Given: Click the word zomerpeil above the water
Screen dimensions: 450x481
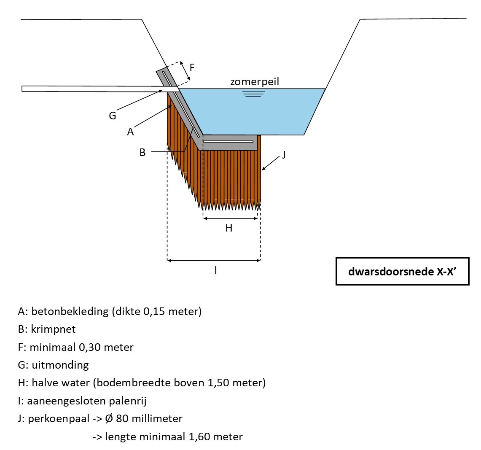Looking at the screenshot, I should coord(254,81).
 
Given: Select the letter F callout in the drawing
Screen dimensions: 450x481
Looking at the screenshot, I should coord(192,67).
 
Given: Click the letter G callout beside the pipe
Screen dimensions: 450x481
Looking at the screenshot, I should coord(113,116).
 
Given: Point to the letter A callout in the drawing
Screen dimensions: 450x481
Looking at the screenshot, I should coord(130,132).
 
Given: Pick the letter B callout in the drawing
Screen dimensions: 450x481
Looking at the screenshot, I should coord(142,152).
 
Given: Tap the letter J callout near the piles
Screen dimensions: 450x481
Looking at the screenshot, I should coord(284,155).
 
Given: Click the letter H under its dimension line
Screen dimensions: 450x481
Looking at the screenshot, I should coord(229,228).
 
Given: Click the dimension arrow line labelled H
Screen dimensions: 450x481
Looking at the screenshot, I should coord(230,218).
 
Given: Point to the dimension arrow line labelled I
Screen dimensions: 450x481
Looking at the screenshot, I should coord(214,261).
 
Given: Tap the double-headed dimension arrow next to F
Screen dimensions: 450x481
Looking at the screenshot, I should coord(185,70).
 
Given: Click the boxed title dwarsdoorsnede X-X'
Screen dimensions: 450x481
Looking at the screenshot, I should coord(402,271).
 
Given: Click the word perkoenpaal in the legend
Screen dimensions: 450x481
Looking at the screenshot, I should coord(59,419).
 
